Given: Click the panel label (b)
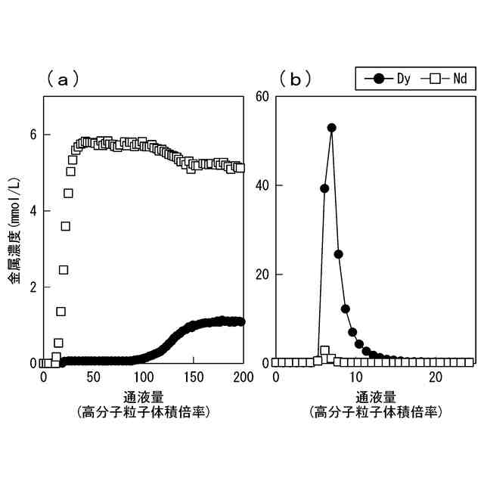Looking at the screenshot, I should [x=295, y=79].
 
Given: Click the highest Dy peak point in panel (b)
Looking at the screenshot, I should [x=331, y=128].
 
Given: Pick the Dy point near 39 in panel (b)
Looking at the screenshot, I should [x=324, y=188].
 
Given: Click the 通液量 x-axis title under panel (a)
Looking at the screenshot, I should [x=143, y=396].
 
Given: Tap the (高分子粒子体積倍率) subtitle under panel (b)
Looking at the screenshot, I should [x=376, y=412].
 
